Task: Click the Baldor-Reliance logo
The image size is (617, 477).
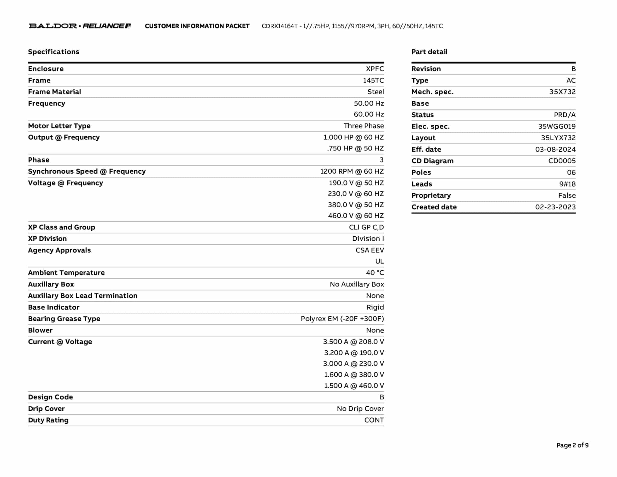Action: click(80, 26)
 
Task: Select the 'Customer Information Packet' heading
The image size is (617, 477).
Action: click(197, 26)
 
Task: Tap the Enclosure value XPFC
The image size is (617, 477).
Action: click(375, 69)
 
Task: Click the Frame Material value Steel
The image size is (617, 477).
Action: click(375, 92)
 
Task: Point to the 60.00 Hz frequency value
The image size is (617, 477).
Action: click(369, 114)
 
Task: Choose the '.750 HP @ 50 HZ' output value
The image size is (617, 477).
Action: click(355, 148)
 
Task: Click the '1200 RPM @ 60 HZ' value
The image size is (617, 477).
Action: click(352, 171)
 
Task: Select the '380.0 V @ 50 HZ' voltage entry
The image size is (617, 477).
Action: click(356, 205)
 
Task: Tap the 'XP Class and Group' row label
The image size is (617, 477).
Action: click(61, 227)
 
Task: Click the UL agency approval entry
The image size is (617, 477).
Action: click(379, 261)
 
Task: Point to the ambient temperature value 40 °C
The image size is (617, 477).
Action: click(375, 273)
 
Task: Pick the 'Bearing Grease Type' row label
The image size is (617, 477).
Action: click(64, 319)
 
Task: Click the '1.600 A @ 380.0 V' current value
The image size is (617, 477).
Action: click(354, 374)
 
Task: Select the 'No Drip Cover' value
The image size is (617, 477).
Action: click(360, 409)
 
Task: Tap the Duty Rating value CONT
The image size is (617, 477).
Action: click(374, 420)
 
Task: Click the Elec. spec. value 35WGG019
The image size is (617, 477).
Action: click(557, 126)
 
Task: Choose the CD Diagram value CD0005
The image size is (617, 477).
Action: click(562, 161)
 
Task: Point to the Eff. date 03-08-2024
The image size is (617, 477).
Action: click(555, 149)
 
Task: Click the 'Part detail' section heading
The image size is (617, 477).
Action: click(429, 52)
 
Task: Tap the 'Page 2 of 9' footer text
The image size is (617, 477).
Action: click(572, 445)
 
